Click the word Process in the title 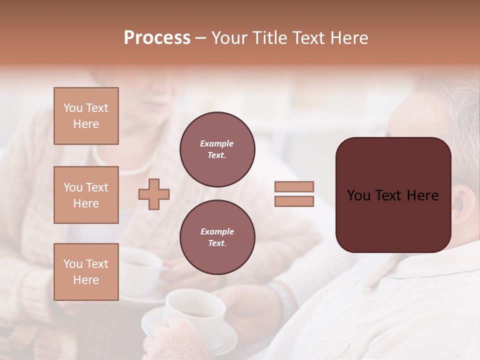tap(157, 38)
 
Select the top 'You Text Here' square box tap(86, 116)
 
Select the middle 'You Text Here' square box tap(86, 195)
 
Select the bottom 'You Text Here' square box tap(86, 272)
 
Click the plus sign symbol tap(154, 194)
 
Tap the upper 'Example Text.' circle tap(217, 149)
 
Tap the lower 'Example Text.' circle tap(217, 237)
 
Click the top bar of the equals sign tap(294, 187)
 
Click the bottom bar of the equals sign tap(294, 201)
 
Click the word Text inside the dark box tap(392, 195)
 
